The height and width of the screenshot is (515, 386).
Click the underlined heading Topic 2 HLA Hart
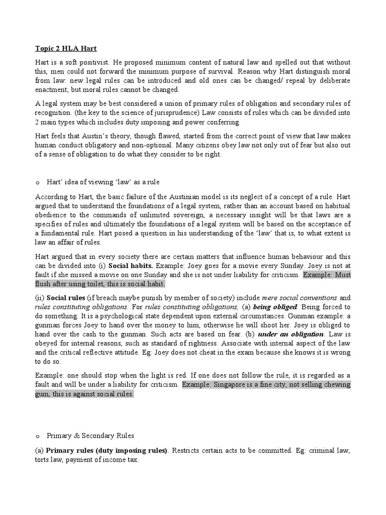[x=66, y=49]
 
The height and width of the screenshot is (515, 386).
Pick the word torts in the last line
[x=43, y=460]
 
